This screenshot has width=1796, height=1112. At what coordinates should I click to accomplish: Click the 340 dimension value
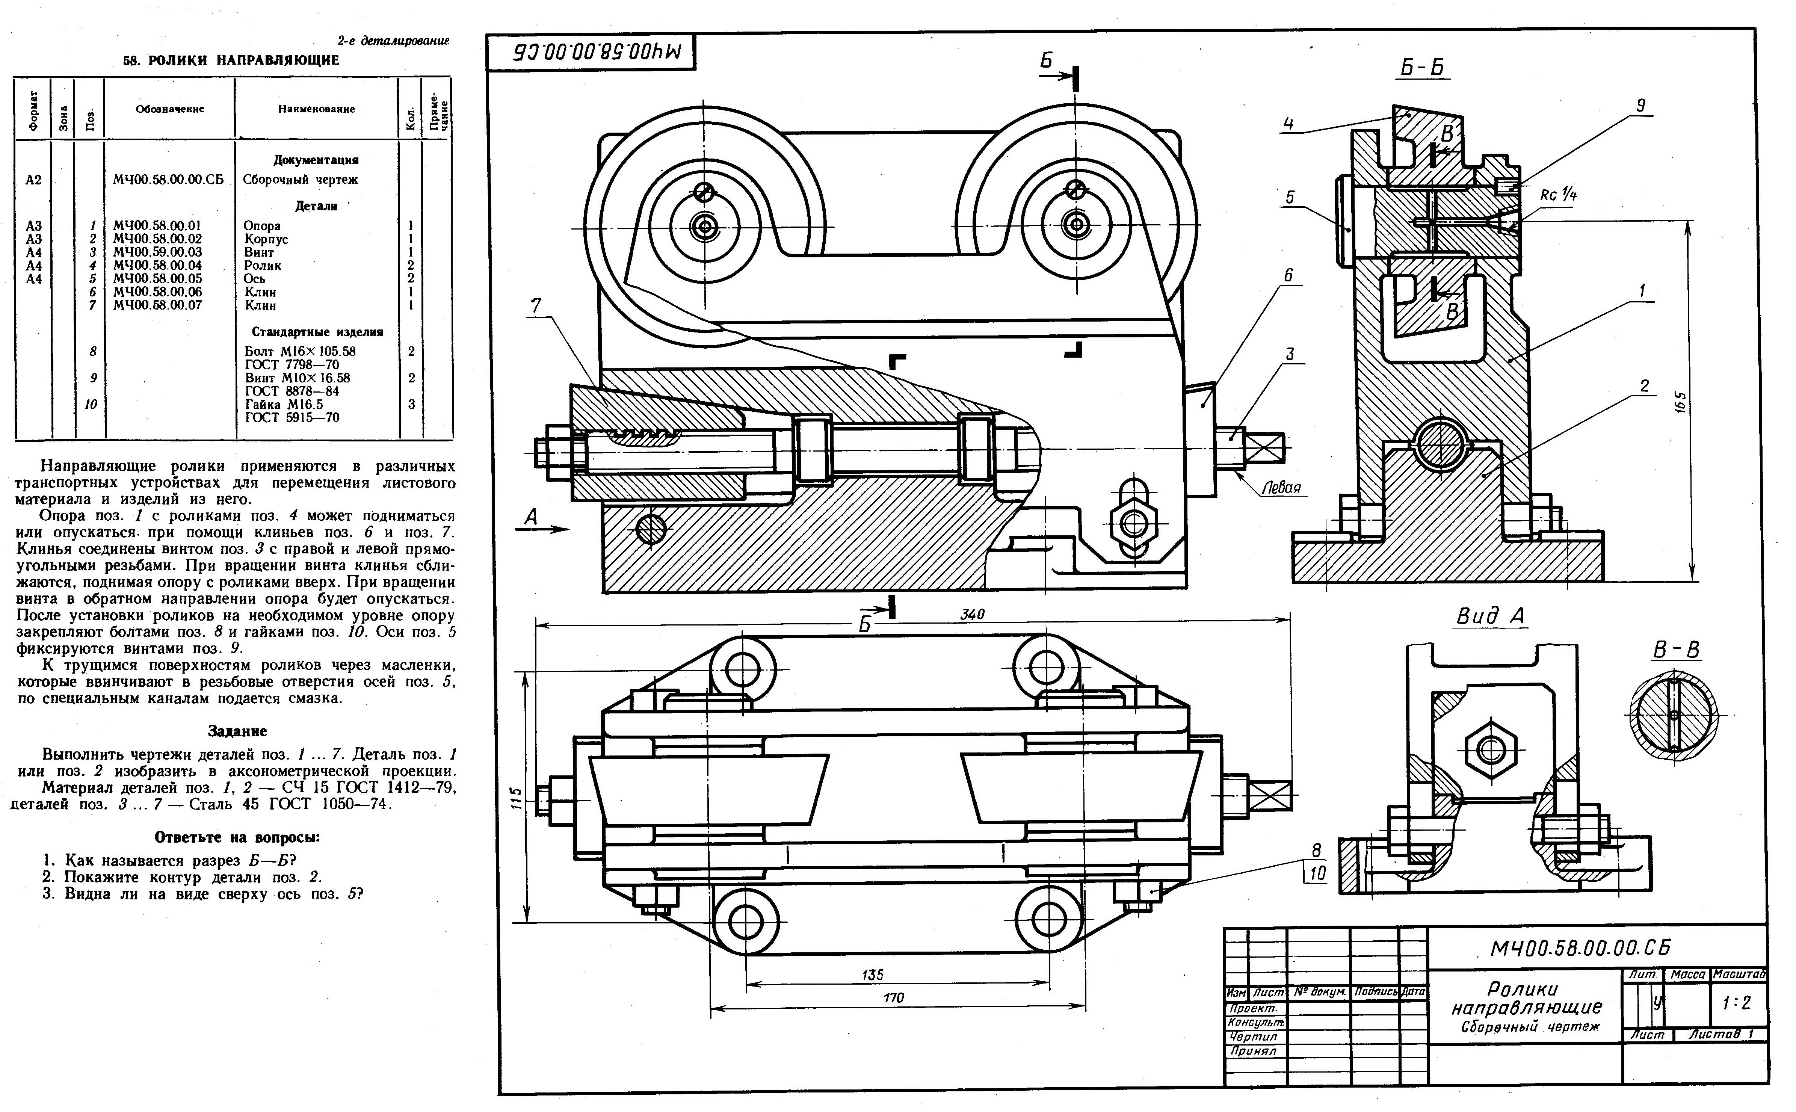click(x=972, y=614)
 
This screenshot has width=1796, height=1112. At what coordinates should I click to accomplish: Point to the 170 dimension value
click(x=894, y=998)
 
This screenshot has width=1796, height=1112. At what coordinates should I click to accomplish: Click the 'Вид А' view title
click(x=1491, y=616)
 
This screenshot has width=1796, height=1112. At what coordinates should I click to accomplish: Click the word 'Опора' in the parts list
click(x=262, y=226)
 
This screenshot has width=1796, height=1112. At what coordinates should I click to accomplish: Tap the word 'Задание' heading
click(x=237, y=731)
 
